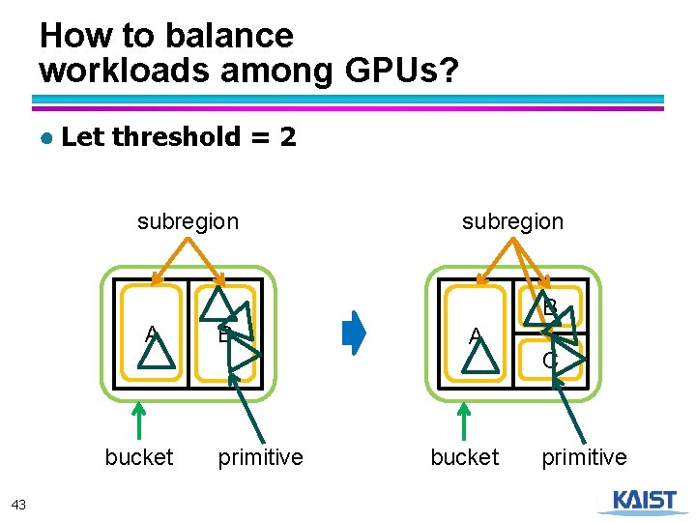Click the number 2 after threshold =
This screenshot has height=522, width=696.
[287, 137]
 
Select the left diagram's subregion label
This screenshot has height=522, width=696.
[188, 221]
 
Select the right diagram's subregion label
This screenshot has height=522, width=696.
[512, 221]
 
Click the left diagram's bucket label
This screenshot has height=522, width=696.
[139, 457]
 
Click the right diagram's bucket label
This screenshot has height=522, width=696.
[464, 457]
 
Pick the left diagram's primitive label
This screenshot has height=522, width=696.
[260, 457]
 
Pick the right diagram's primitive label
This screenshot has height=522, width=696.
[584, 457]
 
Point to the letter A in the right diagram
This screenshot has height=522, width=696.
[475, 336]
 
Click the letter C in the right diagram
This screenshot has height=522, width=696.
[549, 361]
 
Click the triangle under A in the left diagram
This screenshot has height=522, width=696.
[156, 355]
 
